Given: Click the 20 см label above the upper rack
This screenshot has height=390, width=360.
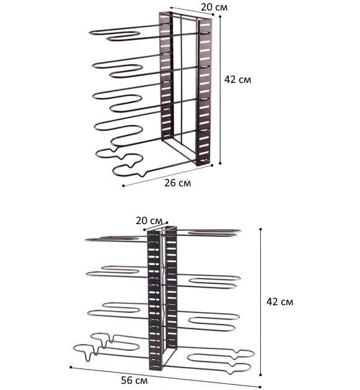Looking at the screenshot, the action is click(214, 7).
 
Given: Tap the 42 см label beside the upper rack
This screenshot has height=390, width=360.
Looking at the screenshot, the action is click(237, 80).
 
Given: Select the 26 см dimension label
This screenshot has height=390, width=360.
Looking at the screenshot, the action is click(177, 183).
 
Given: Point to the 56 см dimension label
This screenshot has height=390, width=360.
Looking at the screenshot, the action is click(134, 380).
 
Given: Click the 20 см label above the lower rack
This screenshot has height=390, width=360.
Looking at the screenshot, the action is click(149, 220).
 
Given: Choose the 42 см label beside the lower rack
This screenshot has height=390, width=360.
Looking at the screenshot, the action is click(280, 302).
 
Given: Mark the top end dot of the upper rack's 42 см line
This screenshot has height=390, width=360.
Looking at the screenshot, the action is click(220, 17).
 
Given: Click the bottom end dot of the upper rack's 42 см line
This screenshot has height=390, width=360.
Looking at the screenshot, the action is click(220, 163).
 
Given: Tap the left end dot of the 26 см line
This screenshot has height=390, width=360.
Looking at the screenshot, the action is click(123, 186).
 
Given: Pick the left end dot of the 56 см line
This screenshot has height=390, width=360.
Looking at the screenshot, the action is click(71, 367).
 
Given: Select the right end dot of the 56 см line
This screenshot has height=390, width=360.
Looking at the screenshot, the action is click(260, 387).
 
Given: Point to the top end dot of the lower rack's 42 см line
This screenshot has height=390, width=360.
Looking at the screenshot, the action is click(261, 229).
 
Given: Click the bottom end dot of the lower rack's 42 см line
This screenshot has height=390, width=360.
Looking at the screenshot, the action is click(261, 375).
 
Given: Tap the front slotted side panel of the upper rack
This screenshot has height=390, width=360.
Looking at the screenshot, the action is click(204, 92).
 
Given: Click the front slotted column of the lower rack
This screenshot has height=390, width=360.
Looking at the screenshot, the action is click(154, 300).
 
